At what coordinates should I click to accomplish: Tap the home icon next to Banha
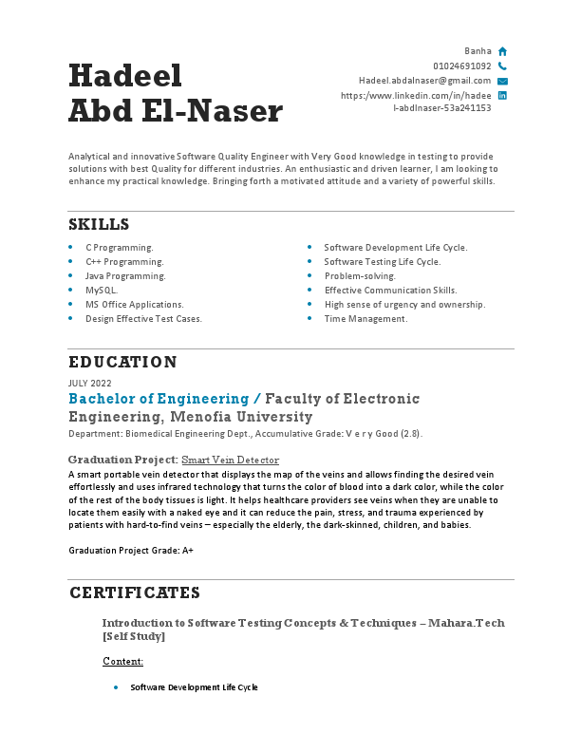pyautogui.click(x=502, y=51)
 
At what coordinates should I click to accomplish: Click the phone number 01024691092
pyautogui.click(x=461, y=66)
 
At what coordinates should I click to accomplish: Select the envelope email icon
pyautogui.click(x=502, y=82)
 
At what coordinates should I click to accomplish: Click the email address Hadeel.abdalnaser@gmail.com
pyautogui.click(x=424, y=82)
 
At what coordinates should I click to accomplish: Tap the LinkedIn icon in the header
pyautogui.click(x=502, y=96)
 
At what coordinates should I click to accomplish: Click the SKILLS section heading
pyautogui.click(x=99, y=225)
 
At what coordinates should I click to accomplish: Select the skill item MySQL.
pyautogui.click(x=102, y=291)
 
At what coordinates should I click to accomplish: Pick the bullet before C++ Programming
pyautogui.click(x=71, y=262)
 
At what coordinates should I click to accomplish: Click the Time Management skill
pyautogui.click(x=365, y=319)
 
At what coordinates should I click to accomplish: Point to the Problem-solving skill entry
pyautogui.click(x=360, y=276)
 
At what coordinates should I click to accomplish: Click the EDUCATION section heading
pyautogui.click(x=122, y=363)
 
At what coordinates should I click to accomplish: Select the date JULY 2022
pyautogui.click(x=90, y=383)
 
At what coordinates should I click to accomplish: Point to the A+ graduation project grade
pyautogui.click(x=188, y=551)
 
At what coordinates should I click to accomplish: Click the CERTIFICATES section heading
pyautogui.click(x=134, y=593)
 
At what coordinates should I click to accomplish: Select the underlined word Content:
pyautogui.click(x=122, y=661)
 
